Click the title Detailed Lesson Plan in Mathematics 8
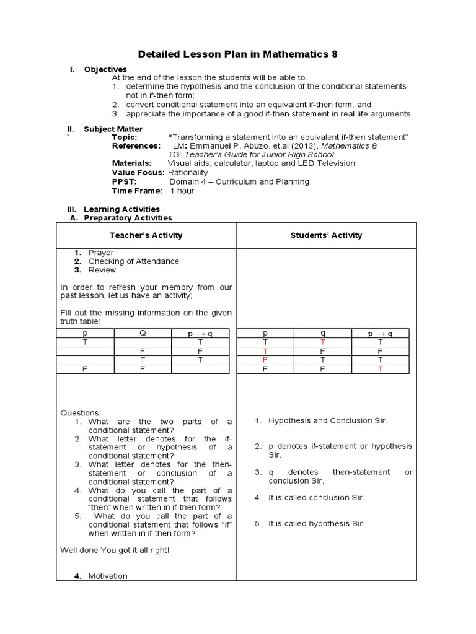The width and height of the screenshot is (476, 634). [237, 54]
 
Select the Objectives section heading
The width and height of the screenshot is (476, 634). [105, 69]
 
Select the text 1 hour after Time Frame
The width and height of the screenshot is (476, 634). [182, 191]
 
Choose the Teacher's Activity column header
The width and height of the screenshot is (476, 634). [146, 235]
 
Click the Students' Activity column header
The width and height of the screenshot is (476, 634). [327, 235]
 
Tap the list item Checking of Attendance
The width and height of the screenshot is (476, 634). [133, 261]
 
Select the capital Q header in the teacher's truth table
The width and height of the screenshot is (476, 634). [143, 333]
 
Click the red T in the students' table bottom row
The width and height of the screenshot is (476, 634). [381, 368]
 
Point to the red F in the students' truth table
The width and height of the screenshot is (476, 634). [265, 359]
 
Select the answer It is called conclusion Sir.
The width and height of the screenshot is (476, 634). [316, 498]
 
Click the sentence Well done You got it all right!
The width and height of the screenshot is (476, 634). [115, 550]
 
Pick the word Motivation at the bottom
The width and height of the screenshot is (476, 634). [108, 576]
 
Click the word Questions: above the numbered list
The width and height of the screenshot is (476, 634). [79, 412]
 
